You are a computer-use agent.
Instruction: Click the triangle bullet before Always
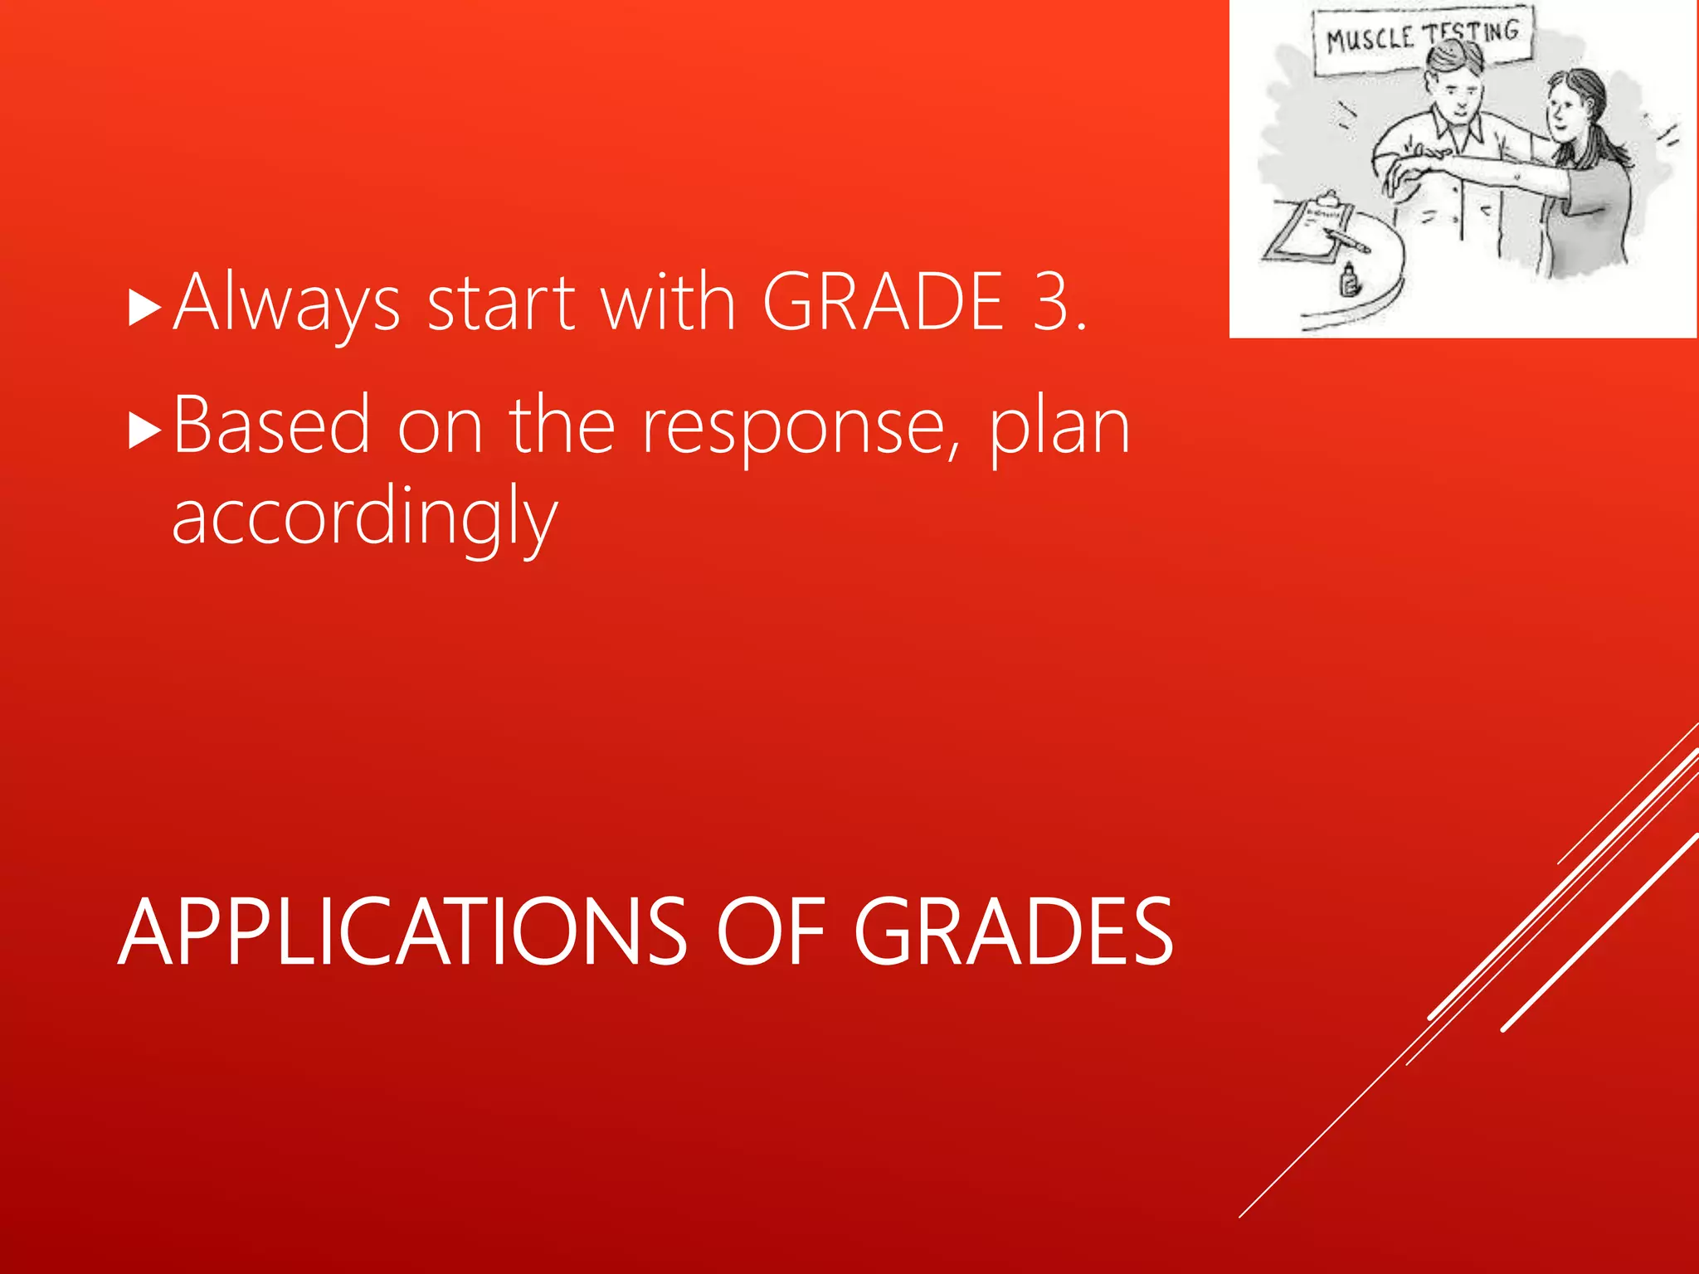tap(144, 308)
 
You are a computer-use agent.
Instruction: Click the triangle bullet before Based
tap(144, 431)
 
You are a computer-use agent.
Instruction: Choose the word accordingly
tap(364, 519)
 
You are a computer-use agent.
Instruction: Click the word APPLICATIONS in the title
tap(402, 933)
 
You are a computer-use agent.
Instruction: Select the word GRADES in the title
tap(1013, 933)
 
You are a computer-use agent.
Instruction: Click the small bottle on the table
tap(1349, 280)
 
